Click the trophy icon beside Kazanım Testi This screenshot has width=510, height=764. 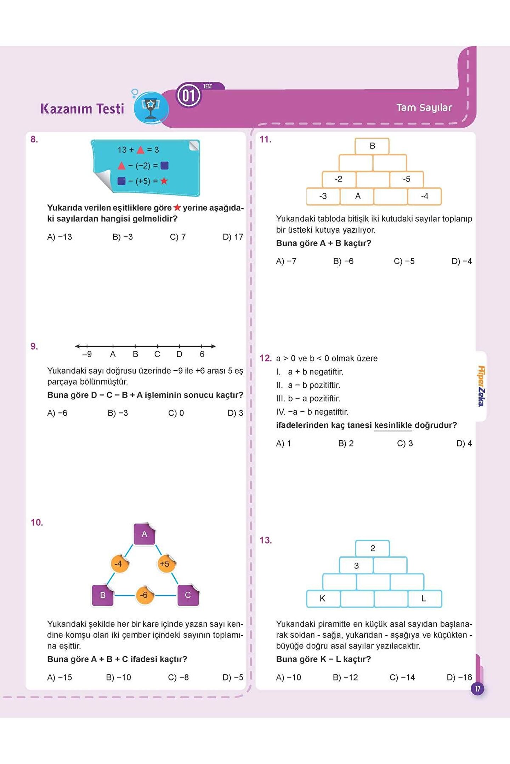click(x=151, y=108)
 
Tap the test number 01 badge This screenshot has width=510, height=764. click(x=189, y=95)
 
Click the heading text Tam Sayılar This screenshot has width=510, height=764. click(x=424, y=108)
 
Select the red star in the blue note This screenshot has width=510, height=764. click(x=164, y=181)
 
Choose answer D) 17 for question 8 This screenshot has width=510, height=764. click(x=233, y=237)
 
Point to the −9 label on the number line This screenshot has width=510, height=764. click(x=87, y=354)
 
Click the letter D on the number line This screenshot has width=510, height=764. click(x=179, y=354)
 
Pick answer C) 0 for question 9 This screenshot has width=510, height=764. click(x=176, y=413)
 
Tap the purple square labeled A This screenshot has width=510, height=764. click(x=144, y=534)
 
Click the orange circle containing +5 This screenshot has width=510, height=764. click(x=165, y=564)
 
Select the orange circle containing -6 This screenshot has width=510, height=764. click(x=144, y=595)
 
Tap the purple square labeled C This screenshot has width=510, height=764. click(x=188, y=595)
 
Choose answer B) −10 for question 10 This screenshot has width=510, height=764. click(x=118, y=677)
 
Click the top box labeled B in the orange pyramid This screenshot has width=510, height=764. click(x=372, y=146)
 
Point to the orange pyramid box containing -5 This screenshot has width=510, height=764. click(x=407, y=179)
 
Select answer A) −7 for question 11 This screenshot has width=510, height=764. click(x=286, y=261)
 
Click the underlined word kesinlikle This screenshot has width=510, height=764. click(x=393, y=425)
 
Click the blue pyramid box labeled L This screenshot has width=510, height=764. click(x=424, y=598)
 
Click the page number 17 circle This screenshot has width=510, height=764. click(x=477, y=689)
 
